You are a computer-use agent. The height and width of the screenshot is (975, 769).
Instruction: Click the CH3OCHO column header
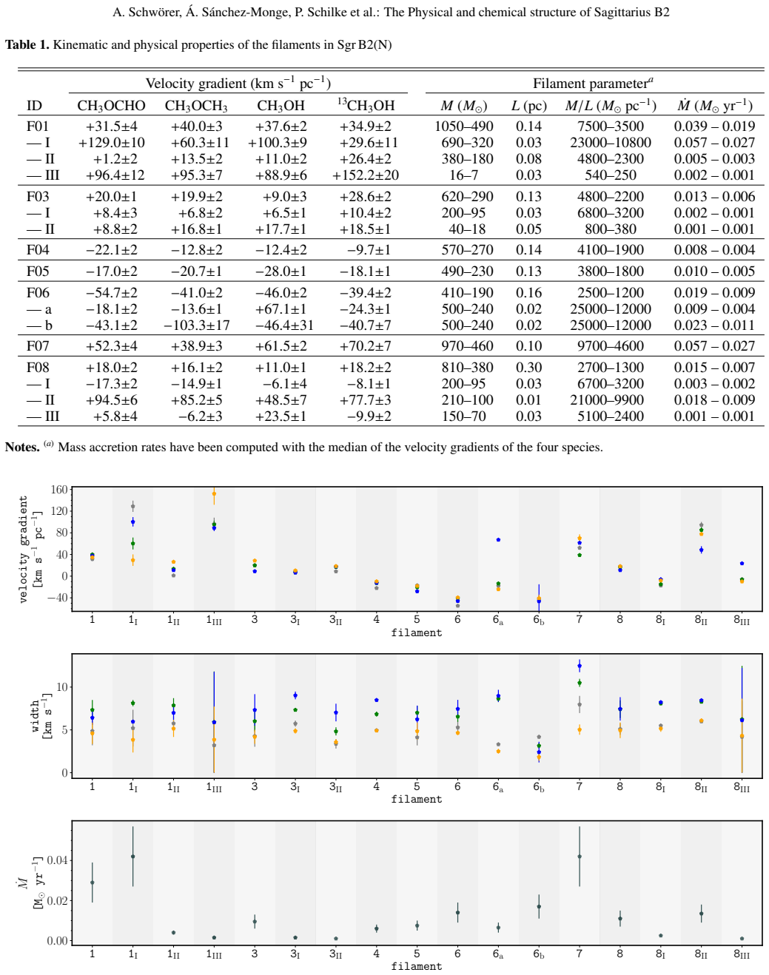[111, 106]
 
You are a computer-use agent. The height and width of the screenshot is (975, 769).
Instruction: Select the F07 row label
[38, 346]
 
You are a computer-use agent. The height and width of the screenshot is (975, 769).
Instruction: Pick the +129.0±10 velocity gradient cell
[112, 143]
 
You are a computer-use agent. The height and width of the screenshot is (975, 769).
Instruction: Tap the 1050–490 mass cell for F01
[464, 126]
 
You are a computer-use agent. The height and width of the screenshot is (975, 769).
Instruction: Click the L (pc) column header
[528, 106]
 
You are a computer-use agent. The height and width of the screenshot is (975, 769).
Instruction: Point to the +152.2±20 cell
[366, 175]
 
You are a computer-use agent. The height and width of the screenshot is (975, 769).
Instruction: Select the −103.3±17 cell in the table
[196, 325]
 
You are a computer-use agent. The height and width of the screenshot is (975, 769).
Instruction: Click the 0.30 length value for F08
[528, 368]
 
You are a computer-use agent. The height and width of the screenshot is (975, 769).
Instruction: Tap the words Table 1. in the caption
[27, 45]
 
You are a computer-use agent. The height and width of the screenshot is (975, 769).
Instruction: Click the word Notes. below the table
[22, 447]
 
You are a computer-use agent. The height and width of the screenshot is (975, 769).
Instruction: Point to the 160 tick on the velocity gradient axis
[59, 489]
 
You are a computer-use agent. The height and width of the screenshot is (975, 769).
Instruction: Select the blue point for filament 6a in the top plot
[498, 539]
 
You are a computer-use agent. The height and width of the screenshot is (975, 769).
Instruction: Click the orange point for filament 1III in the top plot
[214, 494]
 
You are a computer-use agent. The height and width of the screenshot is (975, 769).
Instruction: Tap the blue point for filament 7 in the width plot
[580, 666]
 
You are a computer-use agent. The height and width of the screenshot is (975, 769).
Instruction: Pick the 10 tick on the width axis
[62, 686]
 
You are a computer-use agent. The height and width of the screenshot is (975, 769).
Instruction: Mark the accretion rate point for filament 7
[580, 857]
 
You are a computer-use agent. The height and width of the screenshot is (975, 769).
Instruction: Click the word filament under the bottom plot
[416, 966]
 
